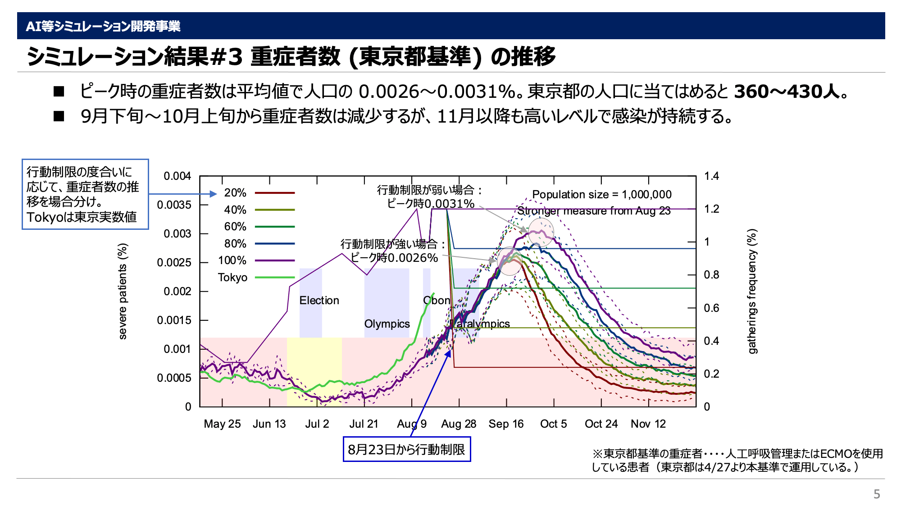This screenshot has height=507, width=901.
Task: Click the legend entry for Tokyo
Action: pyautogui.click(x=232, y=277)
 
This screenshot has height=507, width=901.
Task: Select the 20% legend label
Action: pyautogui.click(x=235, y=193)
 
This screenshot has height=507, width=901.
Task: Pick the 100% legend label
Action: pyautogui.click(x=232, y=260)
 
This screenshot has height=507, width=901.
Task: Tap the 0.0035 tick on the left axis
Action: pyautogui.click(x=174, y=205)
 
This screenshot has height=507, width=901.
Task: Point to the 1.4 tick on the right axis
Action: pyautogui.click(x=711, y=176)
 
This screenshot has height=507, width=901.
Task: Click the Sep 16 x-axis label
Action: pyautogui.click(x=506, y=424)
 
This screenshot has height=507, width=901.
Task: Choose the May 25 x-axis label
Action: pyautogui.click(x=222, y=424)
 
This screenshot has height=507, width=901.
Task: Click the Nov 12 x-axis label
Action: pyautogui.click(x=648, y=424)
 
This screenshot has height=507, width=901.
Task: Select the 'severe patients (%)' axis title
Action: pyautogui.click(x=123, y=291)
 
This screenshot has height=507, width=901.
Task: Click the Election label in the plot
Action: pyautogui.click(x=319, y=301)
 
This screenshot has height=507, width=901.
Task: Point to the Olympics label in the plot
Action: pyautogui.click(x=387, y=324)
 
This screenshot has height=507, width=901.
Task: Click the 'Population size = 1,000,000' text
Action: pyautogui.click(x=601, y=194)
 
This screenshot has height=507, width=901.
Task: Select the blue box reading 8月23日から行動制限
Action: pyautogui.click(x=406, y=449)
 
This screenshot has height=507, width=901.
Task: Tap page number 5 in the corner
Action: pyautogui.click(x=877, y=494)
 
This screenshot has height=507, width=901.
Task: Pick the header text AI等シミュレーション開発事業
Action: pyautogui.click(x=103, y=26)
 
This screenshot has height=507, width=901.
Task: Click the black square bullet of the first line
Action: pyautogui.click(x=59, y=92)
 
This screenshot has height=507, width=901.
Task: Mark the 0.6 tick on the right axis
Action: pyautogui.click(x=711, y=308)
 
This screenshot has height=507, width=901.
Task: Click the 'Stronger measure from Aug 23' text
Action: pyautogui.click(x=594, y=211)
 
